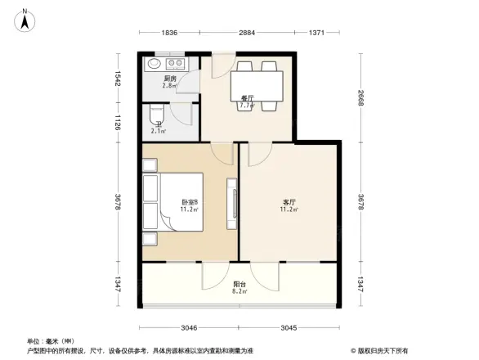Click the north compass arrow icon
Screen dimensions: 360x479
click(x=25, y=19)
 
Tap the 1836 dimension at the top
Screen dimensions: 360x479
click(x=169, y=33)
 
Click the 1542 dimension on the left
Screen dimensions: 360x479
click(x=118, y=79)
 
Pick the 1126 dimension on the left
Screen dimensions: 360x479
click(x=118, y=123)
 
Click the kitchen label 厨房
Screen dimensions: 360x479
click(x=169, y=79)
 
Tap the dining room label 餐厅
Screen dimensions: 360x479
click(x=246, y=97)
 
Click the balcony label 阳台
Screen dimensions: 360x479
click(x=239, y=283)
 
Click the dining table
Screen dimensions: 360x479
click(x=257, y=83)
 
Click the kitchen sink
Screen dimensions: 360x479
click(x=153, y=63)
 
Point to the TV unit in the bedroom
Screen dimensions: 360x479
click(x=233, y=200)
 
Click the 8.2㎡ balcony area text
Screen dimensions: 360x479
click(x=239, y=291)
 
